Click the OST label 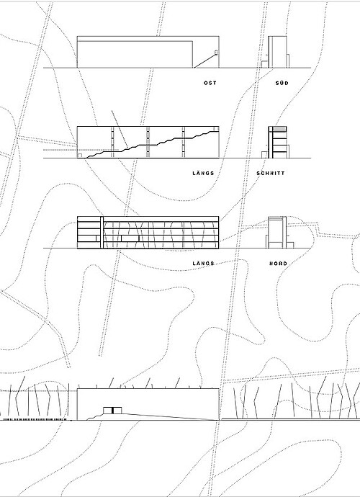(210, 83)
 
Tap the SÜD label (282, 83)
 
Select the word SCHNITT (271, 174)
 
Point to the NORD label (278, 264)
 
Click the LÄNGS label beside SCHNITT (204, 173)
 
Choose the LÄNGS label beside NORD (204, 263)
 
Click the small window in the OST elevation (217, 53)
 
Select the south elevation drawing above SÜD (275, 52)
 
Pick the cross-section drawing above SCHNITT (275, 142)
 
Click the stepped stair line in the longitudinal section (153, 144)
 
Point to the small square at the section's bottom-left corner (80, 156)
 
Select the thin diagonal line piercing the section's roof (120, 129)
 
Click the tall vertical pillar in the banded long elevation (102, 233)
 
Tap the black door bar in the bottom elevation (112, 411)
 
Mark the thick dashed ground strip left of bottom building (35, 419)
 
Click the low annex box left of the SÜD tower (265, 64)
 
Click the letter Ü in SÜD (282, 83)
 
